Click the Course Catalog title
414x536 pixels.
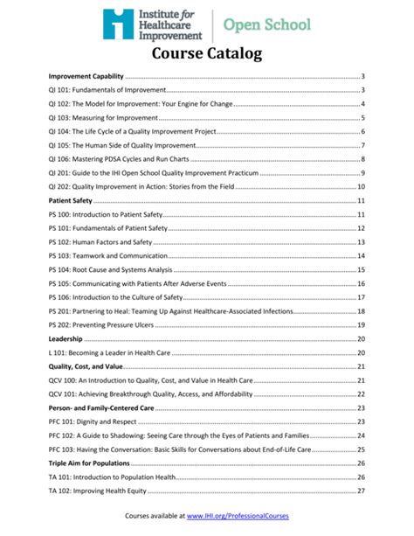point(207,54)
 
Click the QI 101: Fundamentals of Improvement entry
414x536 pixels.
point(107,90)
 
